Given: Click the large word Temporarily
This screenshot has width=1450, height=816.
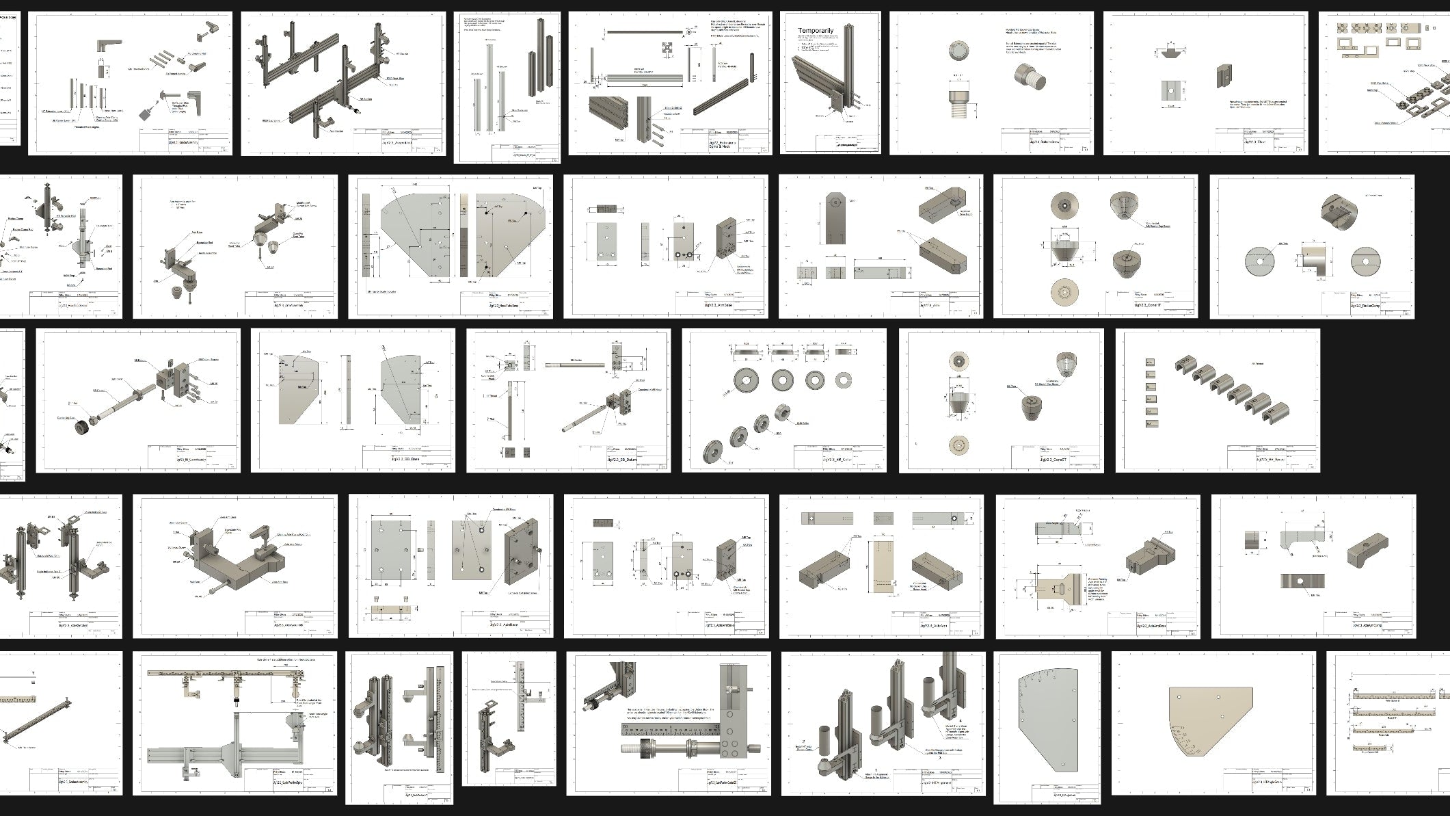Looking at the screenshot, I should point(816,31).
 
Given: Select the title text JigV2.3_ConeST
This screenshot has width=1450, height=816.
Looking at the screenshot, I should point(1053,460).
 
